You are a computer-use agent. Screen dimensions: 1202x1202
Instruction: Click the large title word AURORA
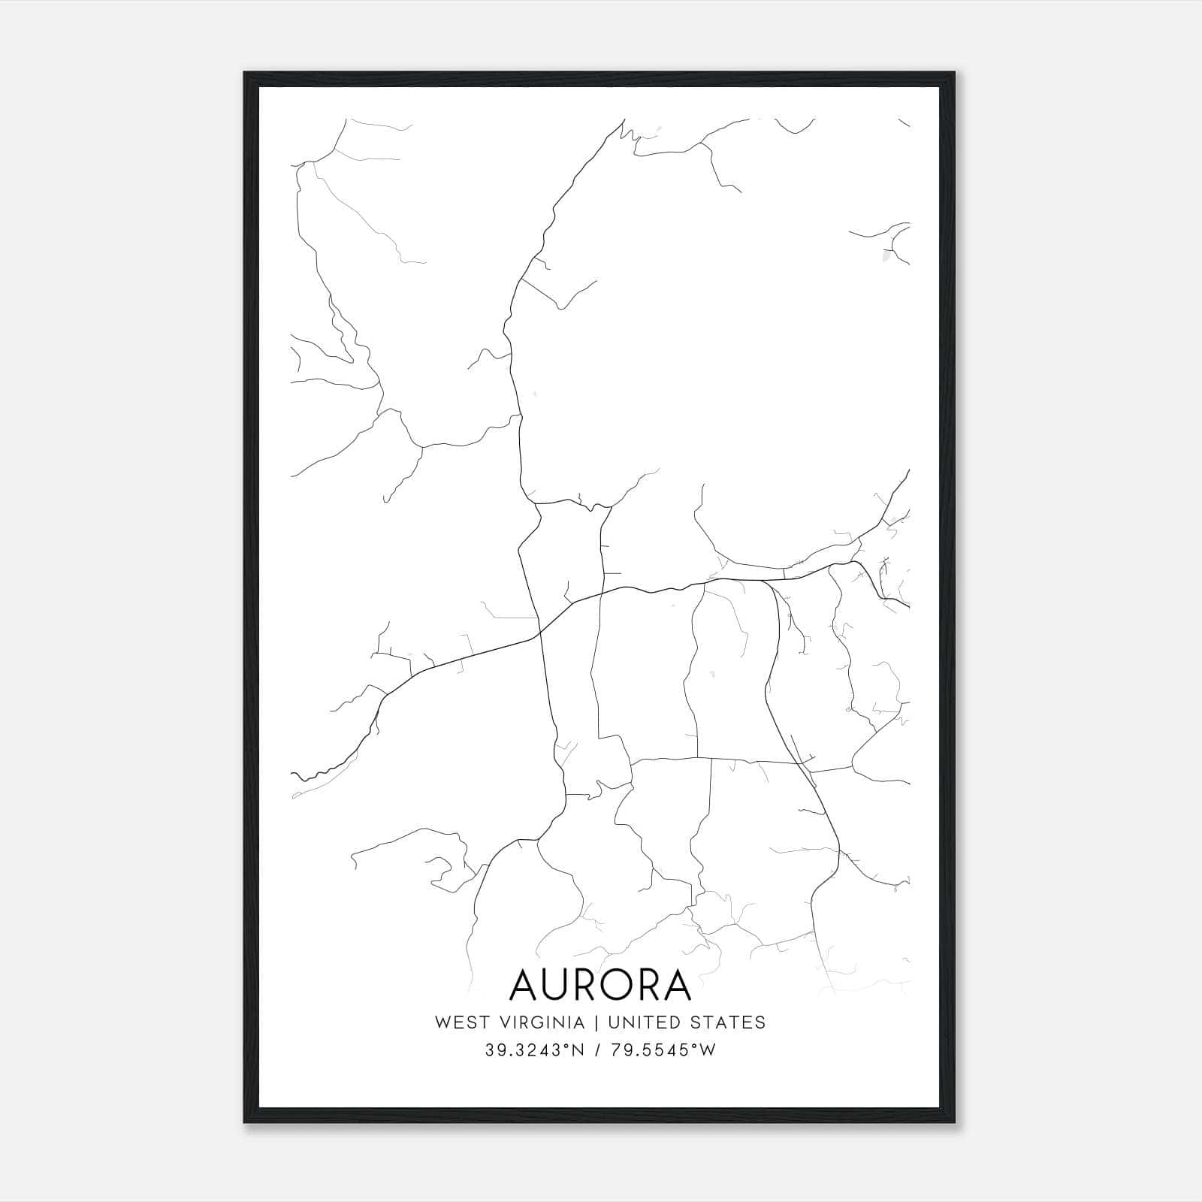click(x=600, y=985)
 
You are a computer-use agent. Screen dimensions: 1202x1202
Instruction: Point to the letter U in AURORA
click(x=561, y=985)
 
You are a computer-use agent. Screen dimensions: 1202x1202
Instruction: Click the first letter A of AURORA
click(x=526, y=985)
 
